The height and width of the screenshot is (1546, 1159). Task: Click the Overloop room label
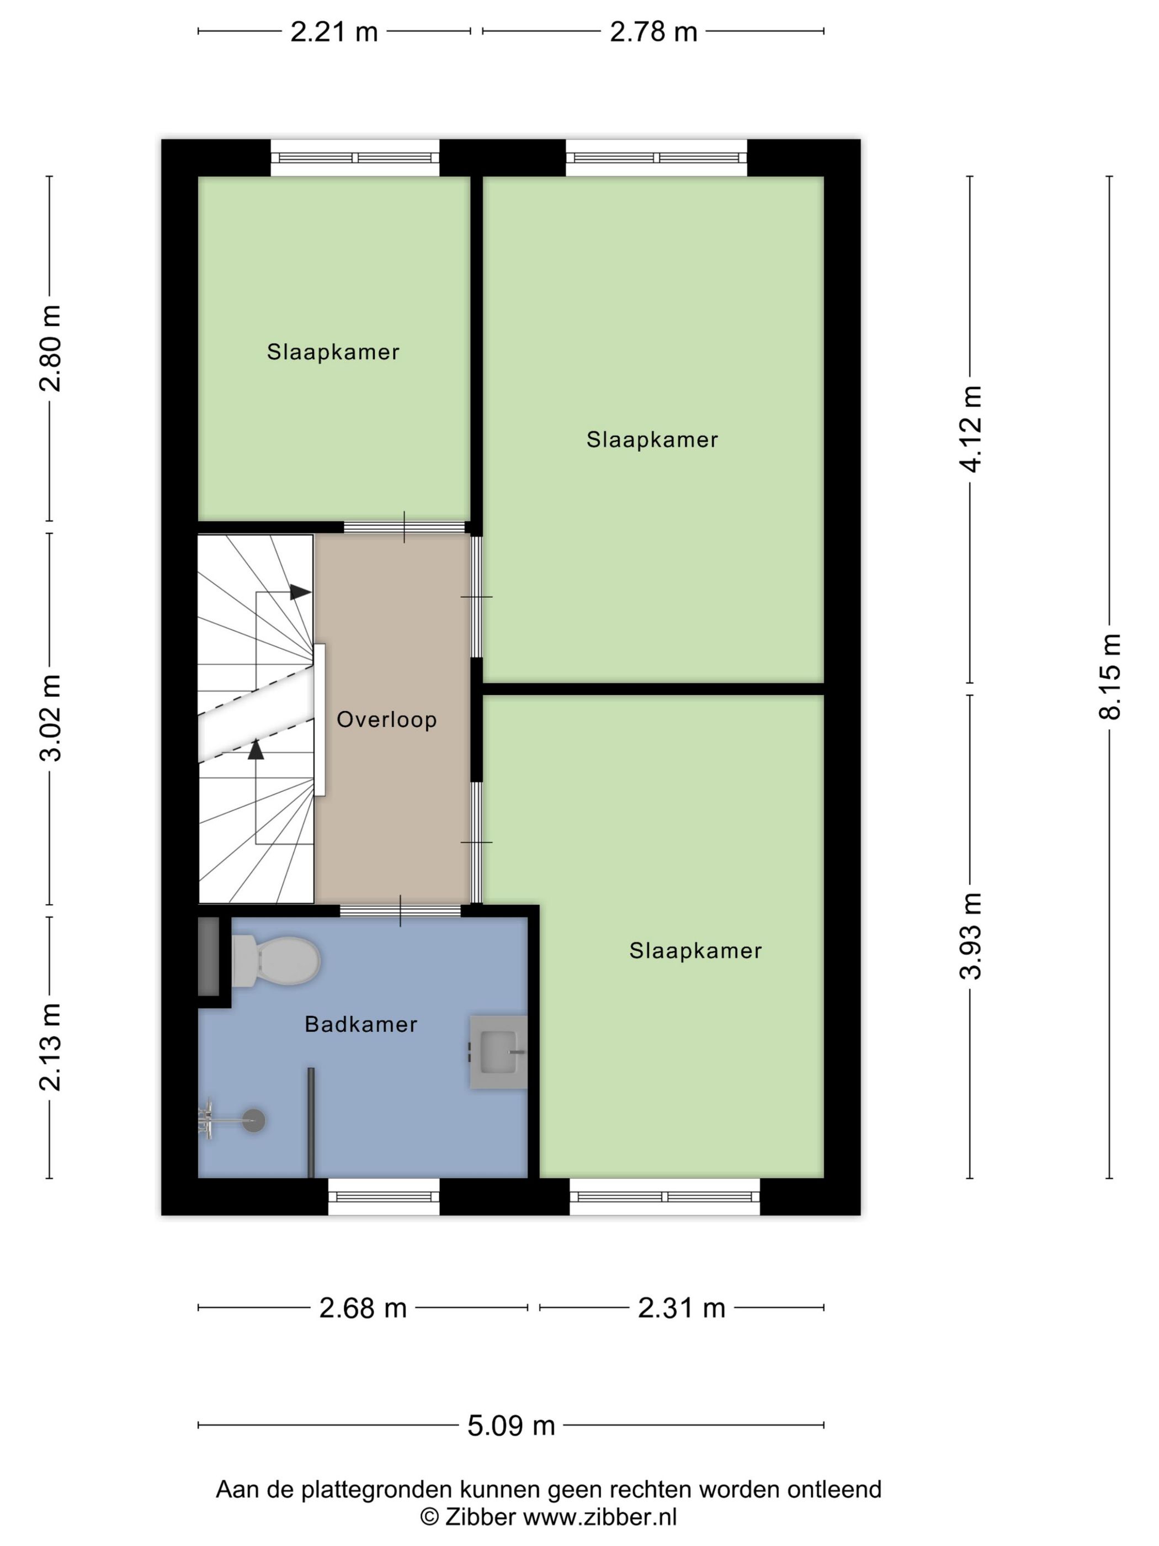click(386, 719)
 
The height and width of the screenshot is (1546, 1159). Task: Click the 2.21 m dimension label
click(334, 31)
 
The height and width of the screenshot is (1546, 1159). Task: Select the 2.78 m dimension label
click(653, 31)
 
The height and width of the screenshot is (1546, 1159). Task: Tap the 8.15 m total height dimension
click(1109, 676)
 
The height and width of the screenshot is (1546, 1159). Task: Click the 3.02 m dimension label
click(50, 718)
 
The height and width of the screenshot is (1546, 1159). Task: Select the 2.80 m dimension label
click(50, 348)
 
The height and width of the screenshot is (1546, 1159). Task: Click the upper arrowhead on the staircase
click(300, 592)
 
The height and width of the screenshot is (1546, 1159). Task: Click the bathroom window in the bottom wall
click(384, 1196)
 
